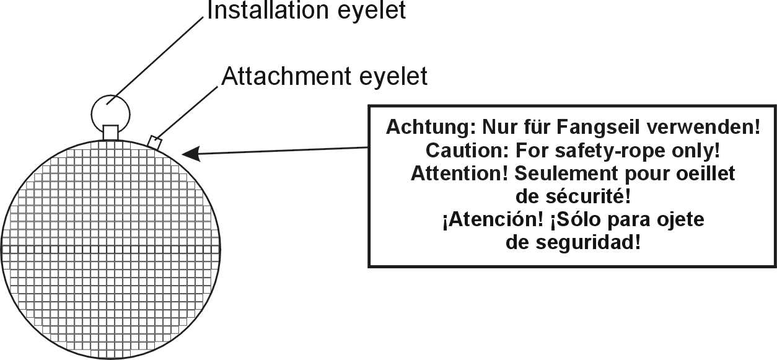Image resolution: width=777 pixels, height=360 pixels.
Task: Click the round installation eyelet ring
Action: (111, 112)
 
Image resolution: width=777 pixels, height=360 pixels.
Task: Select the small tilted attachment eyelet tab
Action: (155, 142)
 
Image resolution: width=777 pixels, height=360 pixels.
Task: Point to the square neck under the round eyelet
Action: (110, 133)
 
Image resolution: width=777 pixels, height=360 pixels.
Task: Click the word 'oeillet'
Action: (706, 173)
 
